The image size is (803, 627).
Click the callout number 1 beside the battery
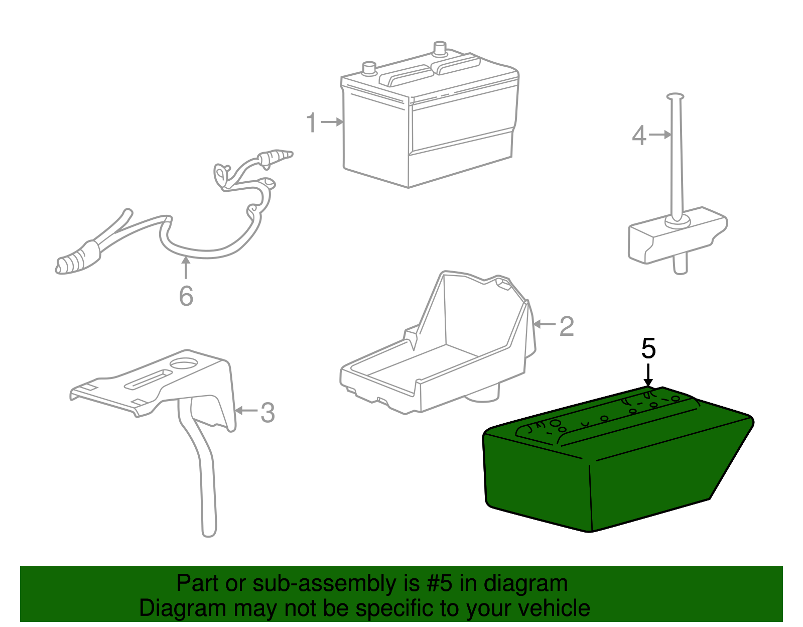coord(312,123)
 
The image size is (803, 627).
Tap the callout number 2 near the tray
coord(567,327)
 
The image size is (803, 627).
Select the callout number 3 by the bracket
coord(267,413)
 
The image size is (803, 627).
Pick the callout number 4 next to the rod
coord(638,136)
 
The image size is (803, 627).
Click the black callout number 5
coord(648,348)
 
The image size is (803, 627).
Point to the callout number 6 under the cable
coord(186,296)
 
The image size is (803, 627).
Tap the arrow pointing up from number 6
coord(186,267)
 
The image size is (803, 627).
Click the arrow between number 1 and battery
coord(333,122)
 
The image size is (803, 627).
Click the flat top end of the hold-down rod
coord(675,95)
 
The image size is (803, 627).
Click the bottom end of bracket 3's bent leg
coord(209,530)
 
